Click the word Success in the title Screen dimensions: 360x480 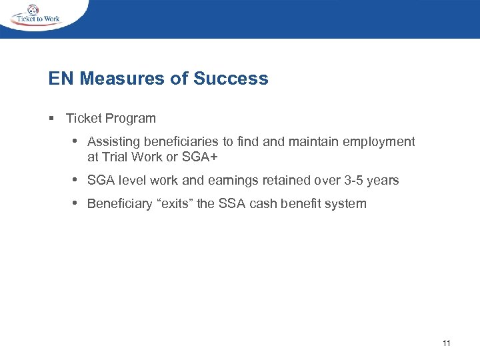pos(231,79)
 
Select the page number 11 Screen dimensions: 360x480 pos(446,343)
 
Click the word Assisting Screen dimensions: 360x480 pos(111,142)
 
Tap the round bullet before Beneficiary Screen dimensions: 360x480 pos(76,203)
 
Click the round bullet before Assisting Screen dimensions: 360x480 pos(76,141)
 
